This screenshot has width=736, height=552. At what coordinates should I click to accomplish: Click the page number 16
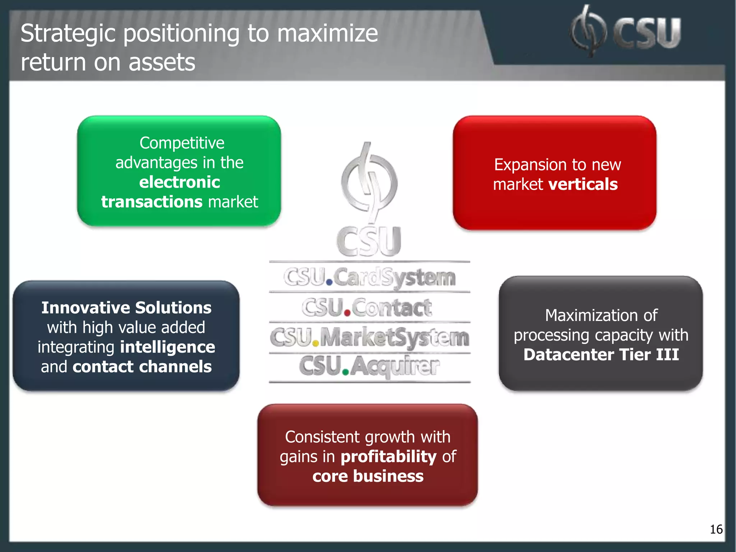point(716,529)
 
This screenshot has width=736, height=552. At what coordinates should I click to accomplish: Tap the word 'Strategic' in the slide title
point(68,34)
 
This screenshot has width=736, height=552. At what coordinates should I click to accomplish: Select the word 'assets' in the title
point(162,63)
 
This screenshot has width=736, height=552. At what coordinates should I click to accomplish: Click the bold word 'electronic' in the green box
point(179,182)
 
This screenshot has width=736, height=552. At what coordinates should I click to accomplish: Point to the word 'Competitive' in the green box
point(182,143)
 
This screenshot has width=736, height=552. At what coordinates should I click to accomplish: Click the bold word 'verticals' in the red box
point(583,184)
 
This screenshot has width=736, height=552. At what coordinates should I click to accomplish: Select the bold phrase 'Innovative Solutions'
point(126,308)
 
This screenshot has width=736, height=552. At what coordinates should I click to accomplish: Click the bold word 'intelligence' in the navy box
point(167,347)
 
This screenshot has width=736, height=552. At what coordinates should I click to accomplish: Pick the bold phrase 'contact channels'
point(142,367)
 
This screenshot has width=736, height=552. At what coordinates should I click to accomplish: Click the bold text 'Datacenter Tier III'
point(601,355)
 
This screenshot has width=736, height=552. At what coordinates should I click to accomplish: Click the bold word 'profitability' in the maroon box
point(388,457)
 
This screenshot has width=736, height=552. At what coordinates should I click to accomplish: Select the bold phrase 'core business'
point(368,476)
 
